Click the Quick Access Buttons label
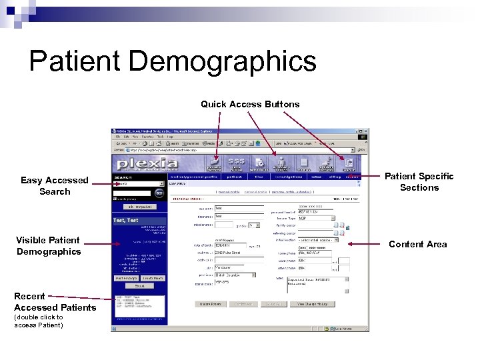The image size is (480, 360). pos(250,104)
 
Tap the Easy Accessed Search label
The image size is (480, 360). pos(55,185)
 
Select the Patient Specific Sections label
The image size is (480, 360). pos(419,181)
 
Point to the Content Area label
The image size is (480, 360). pos(418,244)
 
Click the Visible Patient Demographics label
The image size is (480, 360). pos(49,245)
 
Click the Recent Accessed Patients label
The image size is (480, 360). pos(55,301)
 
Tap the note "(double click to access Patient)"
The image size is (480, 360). pos(39,321)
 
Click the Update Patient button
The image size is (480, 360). pos(209,303)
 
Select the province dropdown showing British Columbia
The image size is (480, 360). pos(234,274)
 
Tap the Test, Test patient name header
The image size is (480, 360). pos(127,220)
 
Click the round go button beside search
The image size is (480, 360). pos(159,192)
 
